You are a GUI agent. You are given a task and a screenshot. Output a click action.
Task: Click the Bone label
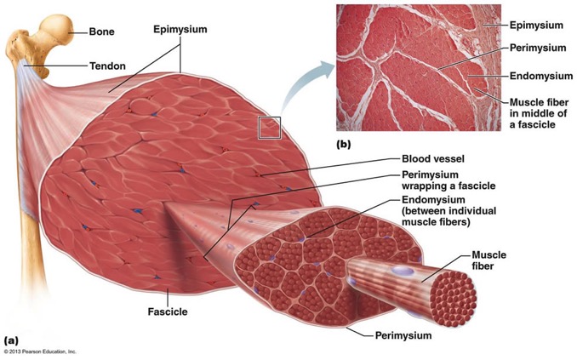point(101,31)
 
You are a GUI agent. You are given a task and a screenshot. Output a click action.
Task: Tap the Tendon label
point(107,66)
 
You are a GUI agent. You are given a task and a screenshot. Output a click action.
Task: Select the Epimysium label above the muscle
point(180,30)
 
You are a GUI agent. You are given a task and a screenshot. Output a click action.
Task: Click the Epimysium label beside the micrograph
point(536,26)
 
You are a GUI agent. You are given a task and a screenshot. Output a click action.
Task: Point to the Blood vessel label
point(432,158)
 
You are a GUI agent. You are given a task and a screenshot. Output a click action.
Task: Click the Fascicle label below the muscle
point(168,311)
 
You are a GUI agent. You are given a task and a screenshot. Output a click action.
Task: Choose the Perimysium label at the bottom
point(403,335)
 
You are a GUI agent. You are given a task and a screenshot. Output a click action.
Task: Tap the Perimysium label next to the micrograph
point(538,48)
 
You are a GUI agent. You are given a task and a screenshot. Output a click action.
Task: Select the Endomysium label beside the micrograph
point(541,77)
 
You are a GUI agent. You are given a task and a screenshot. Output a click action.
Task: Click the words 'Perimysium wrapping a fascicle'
point(448,180)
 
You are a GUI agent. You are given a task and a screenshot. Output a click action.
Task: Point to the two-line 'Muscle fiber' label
point(488,260)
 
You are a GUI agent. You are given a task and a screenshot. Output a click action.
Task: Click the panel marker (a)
point(11,340)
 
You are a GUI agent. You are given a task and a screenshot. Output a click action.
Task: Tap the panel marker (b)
point(344,145)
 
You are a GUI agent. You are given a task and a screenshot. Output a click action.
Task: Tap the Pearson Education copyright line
point(41,351)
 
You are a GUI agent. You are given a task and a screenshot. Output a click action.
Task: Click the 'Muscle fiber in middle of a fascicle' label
point(539,113)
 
